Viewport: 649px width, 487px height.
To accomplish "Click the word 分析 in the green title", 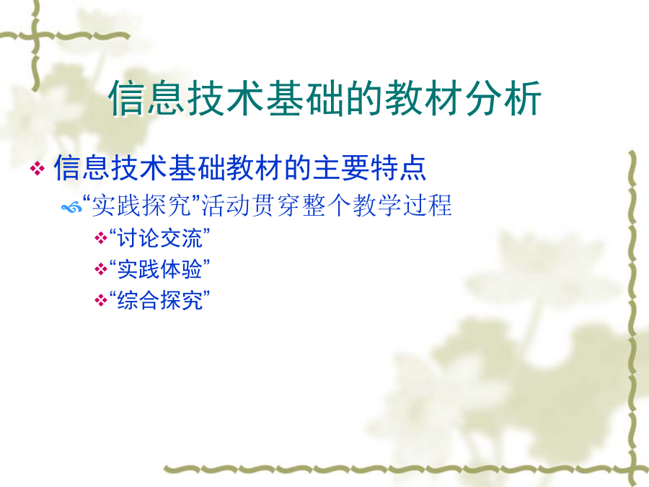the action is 503,98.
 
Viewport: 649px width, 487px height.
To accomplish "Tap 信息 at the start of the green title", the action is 146,98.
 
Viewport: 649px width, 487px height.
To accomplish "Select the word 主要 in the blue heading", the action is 341,167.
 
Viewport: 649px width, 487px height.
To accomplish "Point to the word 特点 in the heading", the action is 398,167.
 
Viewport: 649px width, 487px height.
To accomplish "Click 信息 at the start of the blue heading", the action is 82,167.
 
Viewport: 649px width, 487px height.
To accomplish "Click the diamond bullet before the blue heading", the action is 37,169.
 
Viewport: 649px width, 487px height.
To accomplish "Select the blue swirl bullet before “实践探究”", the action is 72,206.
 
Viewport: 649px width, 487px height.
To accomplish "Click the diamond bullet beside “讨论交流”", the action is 100,239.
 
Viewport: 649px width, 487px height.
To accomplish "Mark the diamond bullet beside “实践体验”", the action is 100,270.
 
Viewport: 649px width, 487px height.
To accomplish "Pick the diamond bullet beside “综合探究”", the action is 100,300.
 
